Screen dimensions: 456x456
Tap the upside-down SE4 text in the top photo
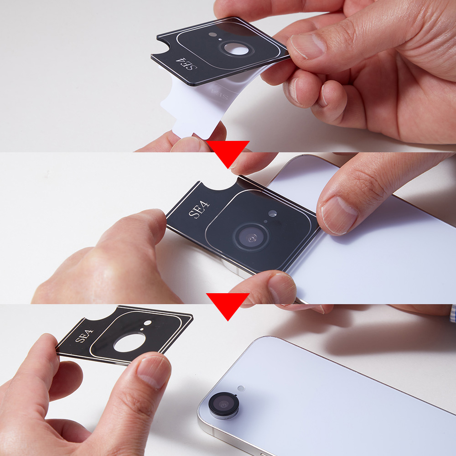coord(187,64)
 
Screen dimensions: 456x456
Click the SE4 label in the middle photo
coord(199,209)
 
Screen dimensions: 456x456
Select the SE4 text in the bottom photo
coord(84,336)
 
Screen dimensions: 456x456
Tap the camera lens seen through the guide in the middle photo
coord(252,238)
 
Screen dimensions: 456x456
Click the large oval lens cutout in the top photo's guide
coord(237,49)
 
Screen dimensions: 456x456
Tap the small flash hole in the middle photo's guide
coord(273,213)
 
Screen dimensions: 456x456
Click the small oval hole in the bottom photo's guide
coord(147,323)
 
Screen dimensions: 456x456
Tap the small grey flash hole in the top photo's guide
coord(212,35)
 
